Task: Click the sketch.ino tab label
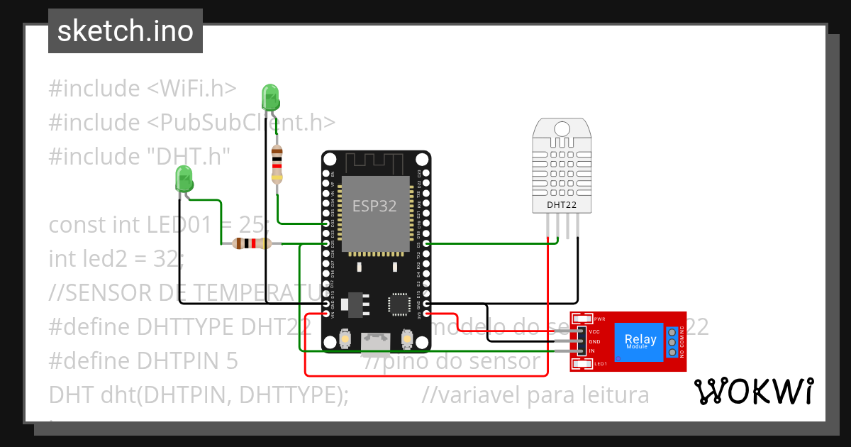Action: [126, 32]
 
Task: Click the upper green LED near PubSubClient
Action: [270, 97]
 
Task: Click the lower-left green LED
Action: [184, 178]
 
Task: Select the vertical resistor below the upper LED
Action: [277, 164]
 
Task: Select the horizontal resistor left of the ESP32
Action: [252, 244]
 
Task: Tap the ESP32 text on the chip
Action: [374, 206]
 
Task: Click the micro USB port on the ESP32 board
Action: [376, 343]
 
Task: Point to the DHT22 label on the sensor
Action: [560, 206]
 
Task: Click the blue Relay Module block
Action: [640, 341]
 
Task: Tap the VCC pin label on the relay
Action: [595, 331]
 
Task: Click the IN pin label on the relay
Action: [592, 351]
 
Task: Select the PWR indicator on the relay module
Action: [599, 319]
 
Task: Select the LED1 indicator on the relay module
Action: [600, 364]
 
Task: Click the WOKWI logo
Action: [752, 392]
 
